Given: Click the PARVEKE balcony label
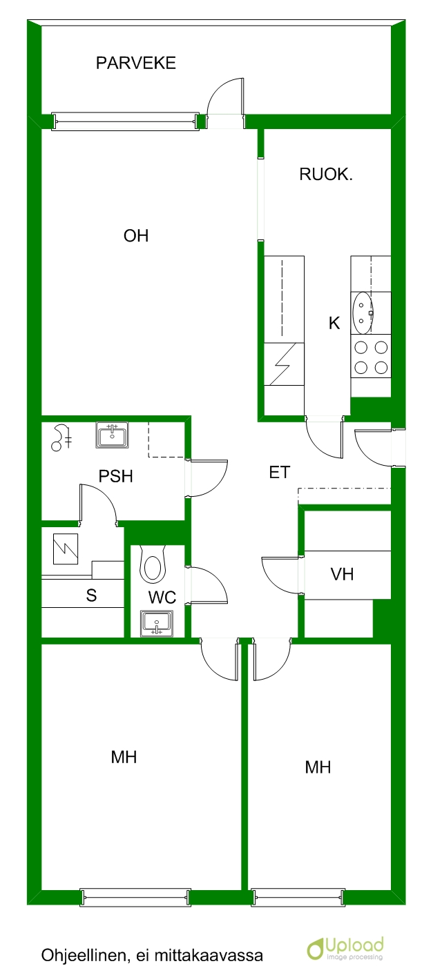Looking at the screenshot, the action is point(135,63).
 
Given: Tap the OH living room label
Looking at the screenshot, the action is point(136,236).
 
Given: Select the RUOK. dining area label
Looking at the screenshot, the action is point(326,174).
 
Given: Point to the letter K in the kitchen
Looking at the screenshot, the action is point(334,323).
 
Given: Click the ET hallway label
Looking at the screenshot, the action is point(279,473).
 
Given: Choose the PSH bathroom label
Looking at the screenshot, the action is point(115,476).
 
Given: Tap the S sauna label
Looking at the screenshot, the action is point(91,595).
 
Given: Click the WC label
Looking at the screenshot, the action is point(162,598).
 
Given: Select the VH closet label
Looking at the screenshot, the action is point(342,574).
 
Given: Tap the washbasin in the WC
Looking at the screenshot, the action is point(156,624).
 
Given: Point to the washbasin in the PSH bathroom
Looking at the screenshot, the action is point(112,435).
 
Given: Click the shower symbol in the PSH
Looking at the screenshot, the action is point(61,437).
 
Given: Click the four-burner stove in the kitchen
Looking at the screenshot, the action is point(371,357).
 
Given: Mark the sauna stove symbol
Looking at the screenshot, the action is point(65,549).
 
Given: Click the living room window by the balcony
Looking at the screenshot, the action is point(125,121).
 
